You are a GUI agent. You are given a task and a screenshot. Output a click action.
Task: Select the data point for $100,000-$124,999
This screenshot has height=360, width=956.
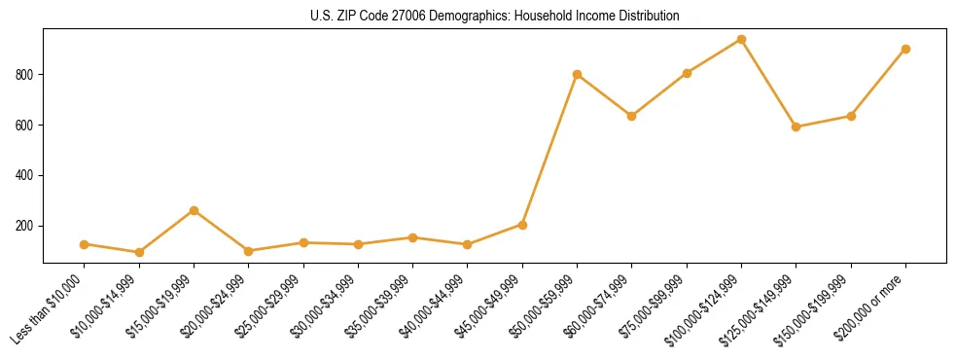741,40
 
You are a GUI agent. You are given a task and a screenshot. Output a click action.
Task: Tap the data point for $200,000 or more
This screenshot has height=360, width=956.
905,49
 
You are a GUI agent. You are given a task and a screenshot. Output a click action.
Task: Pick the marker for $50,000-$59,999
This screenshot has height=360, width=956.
577,74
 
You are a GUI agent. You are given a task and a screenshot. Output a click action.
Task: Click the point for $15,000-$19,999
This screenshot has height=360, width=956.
194,210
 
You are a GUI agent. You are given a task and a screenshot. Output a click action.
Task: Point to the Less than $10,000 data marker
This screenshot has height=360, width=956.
85,244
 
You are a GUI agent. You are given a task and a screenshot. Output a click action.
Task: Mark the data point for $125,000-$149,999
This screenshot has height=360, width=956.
796,126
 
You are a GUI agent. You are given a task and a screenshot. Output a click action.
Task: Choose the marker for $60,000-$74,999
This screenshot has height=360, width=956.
632,116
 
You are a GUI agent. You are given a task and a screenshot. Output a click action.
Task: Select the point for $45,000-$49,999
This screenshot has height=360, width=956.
522,225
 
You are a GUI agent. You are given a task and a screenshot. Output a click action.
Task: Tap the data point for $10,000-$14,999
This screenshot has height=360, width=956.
139,252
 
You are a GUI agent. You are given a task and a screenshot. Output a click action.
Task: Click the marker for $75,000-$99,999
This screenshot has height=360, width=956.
687,73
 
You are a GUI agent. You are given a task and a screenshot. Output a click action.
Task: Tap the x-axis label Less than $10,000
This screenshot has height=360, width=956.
49,310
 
